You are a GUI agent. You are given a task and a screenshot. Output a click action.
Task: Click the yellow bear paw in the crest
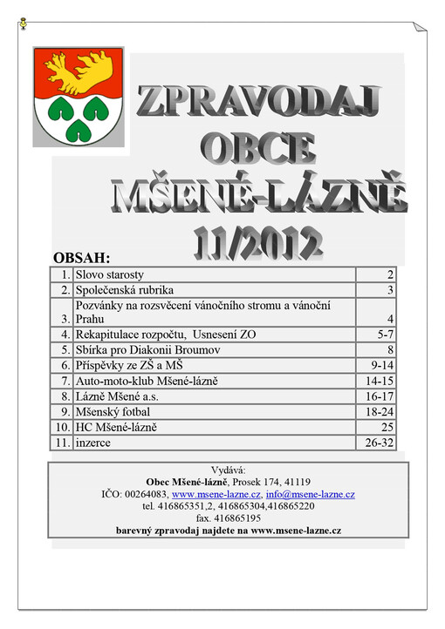[x=79, y=71]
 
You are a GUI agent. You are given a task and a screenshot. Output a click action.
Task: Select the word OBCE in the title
[x=257, y=147]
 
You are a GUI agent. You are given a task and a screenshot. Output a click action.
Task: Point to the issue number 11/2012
[x=257, y=234]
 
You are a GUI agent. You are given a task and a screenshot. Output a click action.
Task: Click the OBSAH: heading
[x=82, y=259]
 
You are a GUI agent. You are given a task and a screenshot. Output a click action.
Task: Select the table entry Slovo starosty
[x=110, y=274]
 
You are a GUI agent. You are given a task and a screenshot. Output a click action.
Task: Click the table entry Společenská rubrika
[x=126, y=290]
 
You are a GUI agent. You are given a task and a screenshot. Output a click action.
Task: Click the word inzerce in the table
[x=93, y=443]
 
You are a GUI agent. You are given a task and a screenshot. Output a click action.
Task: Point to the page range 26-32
[x=379, y=443]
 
